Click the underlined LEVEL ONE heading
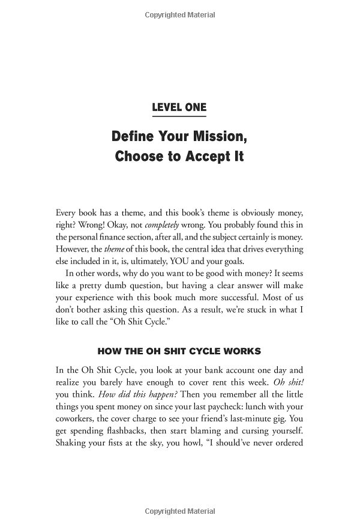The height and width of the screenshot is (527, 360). (179, 107)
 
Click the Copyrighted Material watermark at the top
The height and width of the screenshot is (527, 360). (179, 15)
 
